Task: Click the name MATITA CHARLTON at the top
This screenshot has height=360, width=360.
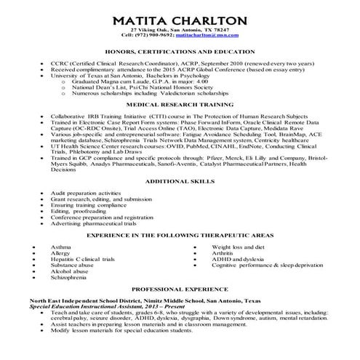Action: click(x=180, y=17)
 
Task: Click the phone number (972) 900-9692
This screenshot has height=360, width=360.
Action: click(x=153, y=34)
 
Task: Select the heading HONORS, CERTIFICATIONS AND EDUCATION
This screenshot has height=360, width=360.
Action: click(x=180, y=52)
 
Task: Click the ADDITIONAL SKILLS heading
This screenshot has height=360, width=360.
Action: click(x=180, y=180)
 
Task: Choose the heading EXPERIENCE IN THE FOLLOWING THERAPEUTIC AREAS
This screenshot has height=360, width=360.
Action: click(x=180, y=237)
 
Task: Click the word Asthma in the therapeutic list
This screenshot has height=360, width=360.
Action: click(x=61, y=248)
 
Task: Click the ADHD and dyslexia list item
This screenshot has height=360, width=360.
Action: click(x=236, y=260)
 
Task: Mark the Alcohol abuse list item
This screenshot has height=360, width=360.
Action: click(x=69, y=272)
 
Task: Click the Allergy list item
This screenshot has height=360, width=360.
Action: click(x=61, y=254)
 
